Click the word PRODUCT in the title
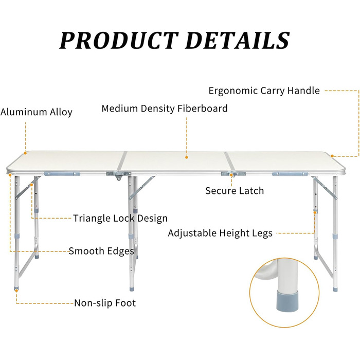[x=119, y=41]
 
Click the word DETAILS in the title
[x=237, y=41]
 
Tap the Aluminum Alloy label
[x=37, y=112]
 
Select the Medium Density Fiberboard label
[x=165, y=109]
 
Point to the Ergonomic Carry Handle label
[x=264, y=91]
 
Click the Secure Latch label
[x=235, y=191]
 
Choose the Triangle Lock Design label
[x=120, y=219]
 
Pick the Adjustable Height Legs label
[x=220, y=233]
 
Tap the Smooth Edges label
[x=101, y=251]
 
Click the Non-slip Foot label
[x=105, y=303]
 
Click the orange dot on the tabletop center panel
[x=187, y=157]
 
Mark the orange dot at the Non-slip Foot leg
[x=16, y=291]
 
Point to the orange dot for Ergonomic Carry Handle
[x=332, y=156]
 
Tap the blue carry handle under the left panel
[x=62, y=174]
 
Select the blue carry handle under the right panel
[x=290, y=174]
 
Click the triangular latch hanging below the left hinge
[x=118, y=177]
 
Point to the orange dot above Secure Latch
[x=231, y=175]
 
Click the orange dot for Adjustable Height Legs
[x=315, y=212]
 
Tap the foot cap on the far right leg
[x=335, y=289]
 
